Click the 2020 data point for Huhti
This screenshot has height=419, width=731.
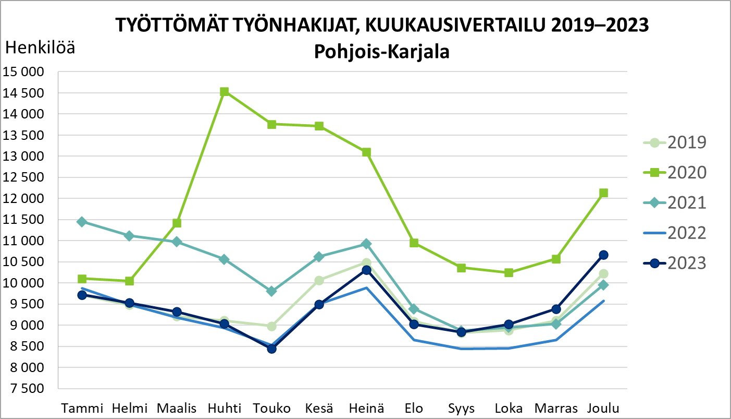click(225, 92)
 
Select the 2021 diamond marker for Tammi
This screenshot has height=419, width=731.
click(82, 222)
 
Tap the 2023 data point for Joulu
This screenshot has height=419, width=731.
click(603, 255)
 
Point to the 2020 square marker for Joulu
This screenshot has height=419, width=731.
click(603, 193)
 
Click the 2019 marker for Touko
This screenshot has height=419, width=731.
click(271, 326)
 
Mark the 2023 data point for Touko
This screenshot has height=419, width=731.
click(271, 349)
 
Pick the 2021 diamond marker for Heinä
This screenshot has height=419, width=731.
click(366, 244)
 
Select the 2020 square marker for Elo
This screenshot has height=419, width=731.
click(414, 243)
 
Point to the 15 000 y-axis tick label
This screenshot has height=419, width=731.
click(23, 72)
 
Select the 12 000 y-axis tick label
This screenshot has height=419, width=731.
click(23, 199)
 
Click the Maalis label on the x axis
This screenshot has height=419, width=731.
click(177, 408)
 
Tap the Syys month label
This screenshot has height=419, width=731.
click(461, 408)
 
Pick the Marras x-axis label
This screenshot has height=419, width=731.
click(556, 408)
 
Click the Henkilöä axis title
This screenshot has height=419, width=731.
click(40, 49)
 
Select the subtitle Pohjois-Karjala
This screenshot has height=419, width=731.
click(381, 52)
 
